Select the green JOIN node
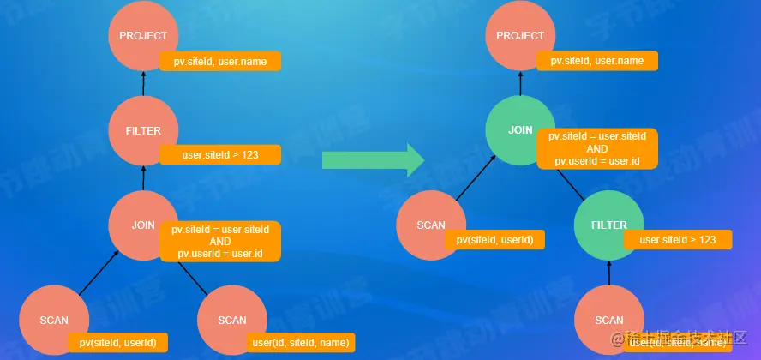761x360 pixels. click(x=520, y=130)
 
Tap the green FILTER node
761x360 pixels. click(x=609, y=225)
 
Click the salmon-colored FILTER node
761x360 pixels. click(x=143, y=131)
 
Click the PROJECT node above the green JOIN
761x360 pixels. click(x=520, y=36)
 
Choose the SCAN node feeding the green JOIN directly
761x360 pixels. click(x=431, y=225)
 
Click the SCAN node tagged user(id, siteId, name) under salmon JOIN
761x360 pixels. click(x=232, y=320)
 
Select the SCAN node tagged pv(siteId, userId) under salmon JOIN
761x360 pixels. click(x=54, y=320)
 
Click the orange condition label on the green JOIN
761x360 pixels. click(x=597, y=148)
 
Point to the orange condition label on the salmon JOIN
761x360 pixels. click(x=220, y=242)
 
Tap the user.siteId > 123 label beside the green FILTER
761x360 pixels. click(x=678, y=240)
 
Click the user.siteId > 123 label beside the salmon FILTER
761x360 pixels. click(x=220, y=155)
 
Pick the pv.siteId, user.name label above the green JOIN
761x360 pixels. click(x=596, y=61)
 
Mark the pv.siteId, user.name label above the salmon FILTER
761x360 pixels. click(x=220, y=61)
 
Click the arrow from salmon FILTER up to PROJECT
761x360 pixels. click(x=143, y=84)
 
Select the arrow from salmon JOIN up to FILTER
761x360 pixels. click(x=143, y=178)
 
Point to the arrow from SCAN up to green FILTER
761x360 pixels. click(x=609, y=273)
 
